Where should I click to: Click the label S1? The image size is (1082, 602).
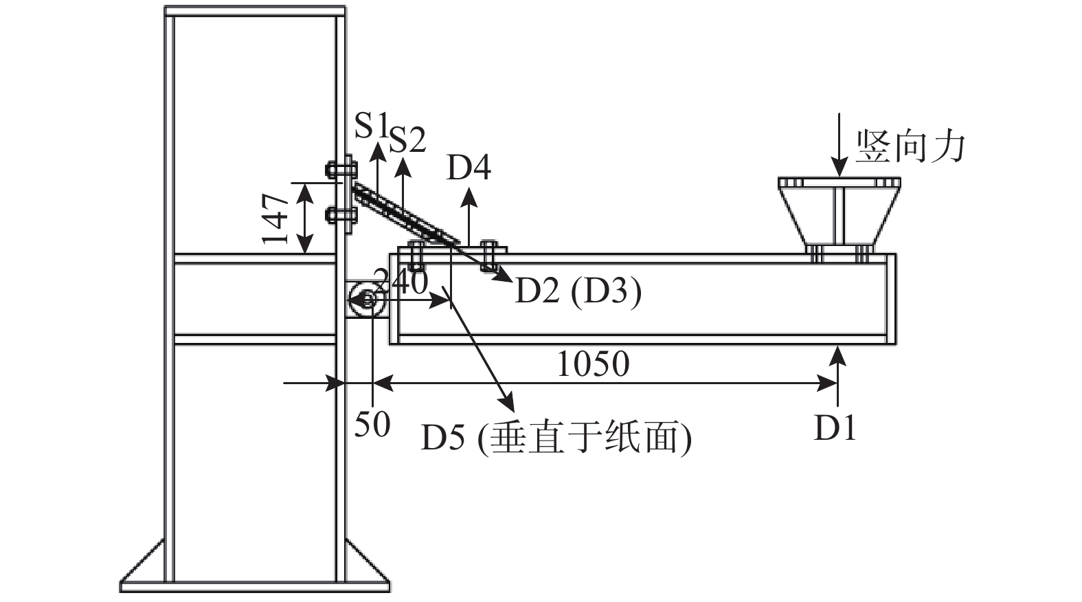pos(371,125)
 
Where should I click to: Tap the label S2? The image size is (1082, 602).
pos(407,140)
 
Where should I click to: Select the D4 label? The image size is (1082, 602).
pos(469,168)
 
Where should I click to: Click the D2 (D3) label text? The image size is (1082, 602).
pos(578,291)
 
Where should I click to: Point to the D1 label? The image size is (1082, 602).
pos(835,427)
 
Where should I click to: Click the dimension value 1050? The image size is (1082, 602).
pos(593,364)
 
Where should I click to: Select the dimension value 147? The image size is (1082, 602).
pos(274,219)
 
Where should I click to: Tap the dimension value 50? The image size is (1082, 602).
pos(372,425)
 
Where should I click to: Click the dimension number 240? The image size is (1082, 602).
pos(401,282)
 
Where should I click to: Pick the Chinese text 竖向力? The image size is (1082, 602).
pos(910,146)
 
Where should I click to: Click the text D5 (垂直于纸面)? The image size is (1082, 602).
pos(556,438)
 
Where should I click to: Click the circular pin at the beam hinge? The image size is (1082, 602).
pos(367,300)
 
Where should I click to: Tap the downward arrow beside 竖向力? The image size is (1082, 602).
pos(839,145)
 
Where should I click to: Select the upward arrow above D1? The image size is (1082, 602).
pos(838,375)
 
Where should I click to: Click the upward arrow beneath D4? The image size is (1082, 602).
pos(469,217)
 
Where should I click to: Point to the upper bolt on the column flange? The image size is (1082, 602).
pos(341,170)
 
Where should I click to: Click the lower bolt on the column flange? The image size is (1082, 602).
pos(341,214)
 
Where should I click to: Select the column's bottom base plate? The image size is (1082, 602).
pos(255,587)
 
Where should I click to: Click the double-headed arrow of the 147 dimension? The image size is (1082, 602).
pos(304,219)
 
